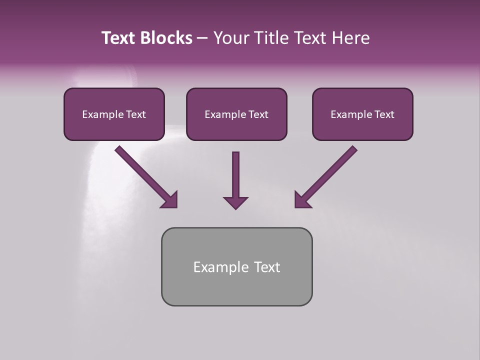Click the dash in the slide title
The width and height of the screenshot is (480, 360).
click(202, 38)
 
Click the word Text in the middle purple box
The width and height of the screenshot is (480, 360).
click(257, 114)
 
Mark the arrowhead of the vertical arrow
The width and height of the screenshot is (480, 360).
click(235, 202)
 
